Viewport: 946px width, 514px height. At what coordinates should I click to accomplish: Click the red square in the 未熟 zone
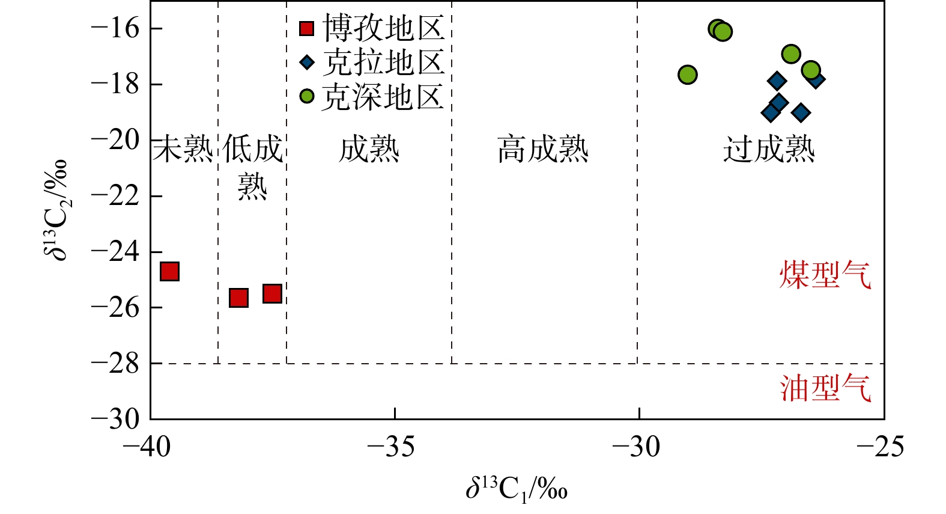tap(170, 271)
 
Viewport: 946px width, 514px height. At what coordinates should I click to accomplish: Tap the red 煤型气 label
tap(825, 275)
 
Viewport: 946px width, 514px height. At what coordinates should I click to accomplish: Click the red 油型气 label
tap(825, 388)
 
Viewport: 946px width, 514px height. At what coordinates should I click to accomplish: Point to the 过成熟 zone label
tap(769, 149)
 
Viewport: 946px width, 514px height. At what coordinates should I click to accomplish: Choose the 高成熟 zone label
tap(543, 149)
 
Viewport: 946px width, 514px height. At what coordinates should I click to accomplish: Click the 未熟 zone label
tap(183, 149)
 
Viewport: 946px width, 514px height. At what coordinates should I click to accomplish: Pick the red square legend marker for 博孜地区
tap(307, 28)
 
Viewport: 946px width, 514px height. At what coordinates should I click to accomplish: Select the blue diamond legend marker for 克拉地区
tap(307, 62)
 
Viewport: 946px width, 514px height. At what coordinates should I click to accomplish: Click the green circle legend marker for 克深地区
tap(307, 96)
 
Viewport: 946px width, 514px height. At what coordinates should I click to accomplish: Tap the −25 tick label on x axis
tap(880, 447)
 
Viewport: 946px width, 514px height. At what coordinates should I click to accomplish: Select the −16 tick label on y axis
tap(115, 28)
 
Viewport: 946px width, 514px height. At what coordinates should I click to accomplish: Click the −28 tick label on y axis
tap(115, 363)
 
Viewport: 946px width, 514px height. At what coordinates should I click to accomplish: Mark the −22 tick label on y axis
tap(115, 196)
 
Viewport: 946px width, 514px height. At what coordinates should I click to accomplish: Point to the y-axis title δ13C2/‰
tap(56, 210)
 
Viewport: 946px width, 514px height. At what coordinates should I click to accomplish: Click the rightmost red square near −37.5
tap(272, 293)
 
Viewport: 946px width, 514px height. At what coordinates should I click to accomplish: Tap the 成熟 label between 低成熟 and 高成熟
tap(369, 149)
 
